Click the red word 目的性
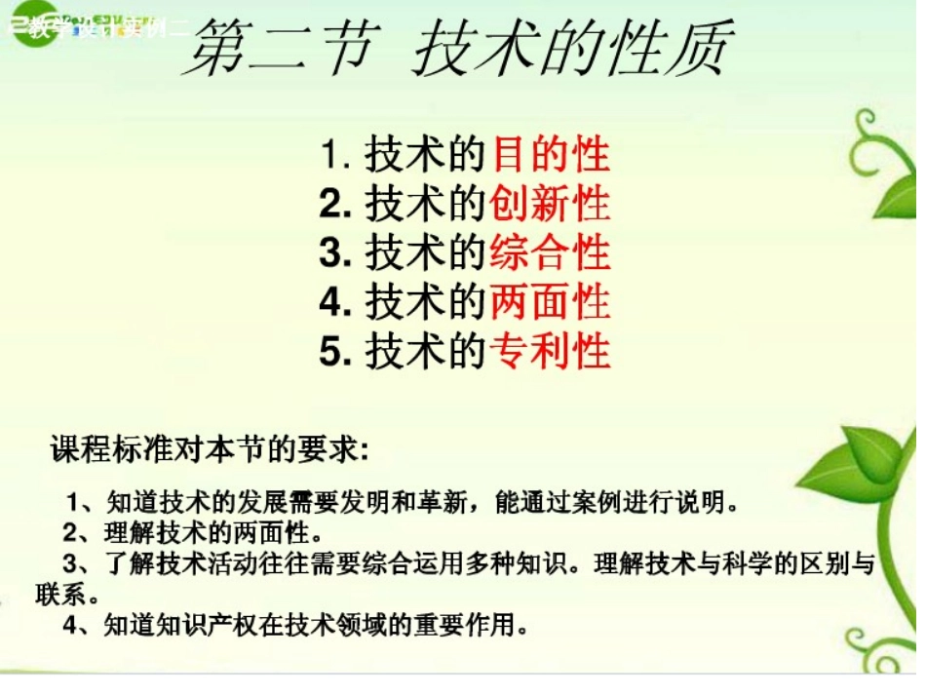coord(551,156)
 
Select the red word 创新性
coord(551,204)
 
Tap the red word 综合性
coord(551,252)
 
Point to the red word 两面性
coord(551,301)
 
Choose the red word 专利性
coord(551,350)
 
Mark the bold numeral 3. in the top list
coord(334,253)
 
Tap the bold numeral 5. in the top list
coord(334,351)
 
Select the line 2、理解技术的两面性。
coord(191,533)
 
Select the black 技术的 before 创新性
coord(425,205)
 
